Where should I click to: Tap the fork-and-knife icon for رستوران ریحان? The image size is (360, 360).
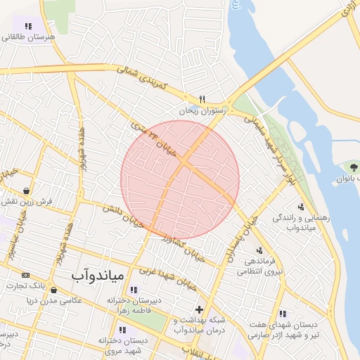click(202, 99)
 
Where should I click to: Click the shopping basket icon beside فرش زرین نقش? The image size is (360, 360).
click(26, 191)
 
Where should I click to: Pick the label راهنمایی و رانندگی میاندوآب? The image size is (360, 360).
click(304, 223)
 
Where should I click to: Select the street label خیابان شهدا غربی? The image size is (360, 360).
click(168, 276)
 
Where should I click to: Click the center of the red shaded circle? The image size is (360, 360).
click(180, 179)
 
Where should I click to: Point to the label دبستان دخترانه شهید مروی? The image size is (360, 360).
click(124, 345)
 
